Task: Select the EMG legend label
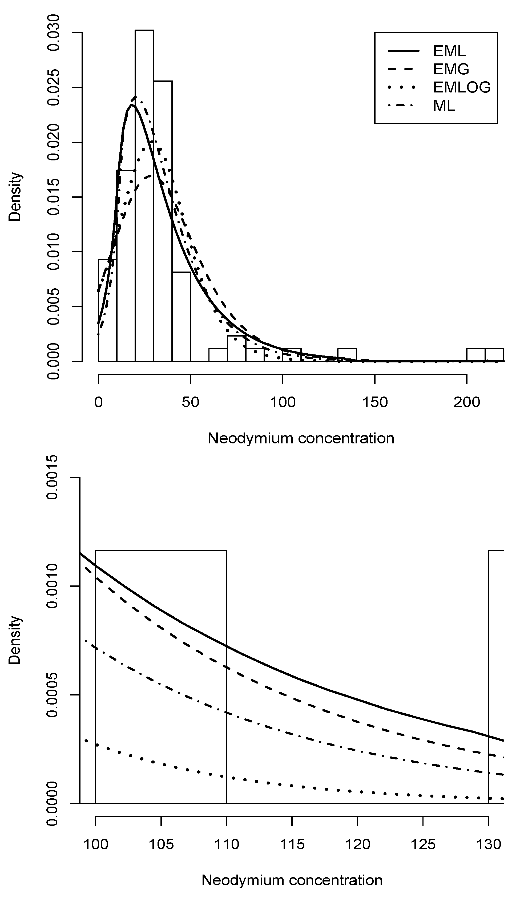pos(451,69)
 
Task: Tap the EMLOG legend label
pos(462,87)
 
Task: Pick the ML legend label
pos(444,106)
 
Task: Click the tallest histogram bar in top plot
pos(144,196)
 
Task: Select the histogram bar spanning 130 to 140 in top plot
pos(347,355)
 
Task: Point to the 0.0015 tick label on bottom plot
pos(53,477)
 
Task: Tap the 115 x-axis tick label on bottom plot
pos(292,844)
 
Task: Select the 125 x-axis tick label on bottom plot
pos(423,844)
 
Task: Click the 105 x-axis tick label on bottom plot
pos(161,844)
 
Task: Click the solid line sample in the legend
pos(404,51)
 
